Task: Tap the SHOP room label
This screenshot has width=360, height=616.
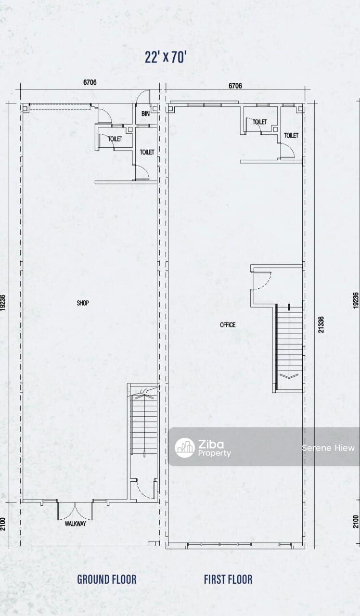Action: pos(83,303)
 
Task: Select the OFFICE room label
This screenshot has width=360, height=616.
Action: pos(228,325)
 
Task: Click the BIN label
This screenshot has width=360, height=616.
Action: pos(145,114)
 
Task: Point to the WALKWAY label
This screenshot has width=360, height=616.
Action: pos(76,524)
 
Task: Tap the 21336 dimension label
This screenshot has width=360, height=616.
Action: pos(321,324)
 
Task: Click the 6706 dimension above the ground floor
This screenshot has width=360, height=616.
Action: pos(90,82)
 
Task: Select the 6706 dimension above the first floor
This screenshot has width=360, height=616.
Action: pos(235,86)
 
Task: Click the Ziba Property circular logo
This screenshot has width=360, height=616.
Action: pos(185,448)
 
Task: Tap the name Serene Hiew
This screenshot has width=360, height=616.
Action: pos(328,448)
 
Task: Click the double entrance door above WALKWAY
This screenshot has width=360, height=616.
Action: pos(75,511)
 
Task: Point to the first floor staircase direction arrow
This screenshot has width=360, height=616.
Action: pos(289,376)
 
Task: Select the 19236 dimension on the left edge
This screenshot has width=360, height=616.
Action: pos(3,303)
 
